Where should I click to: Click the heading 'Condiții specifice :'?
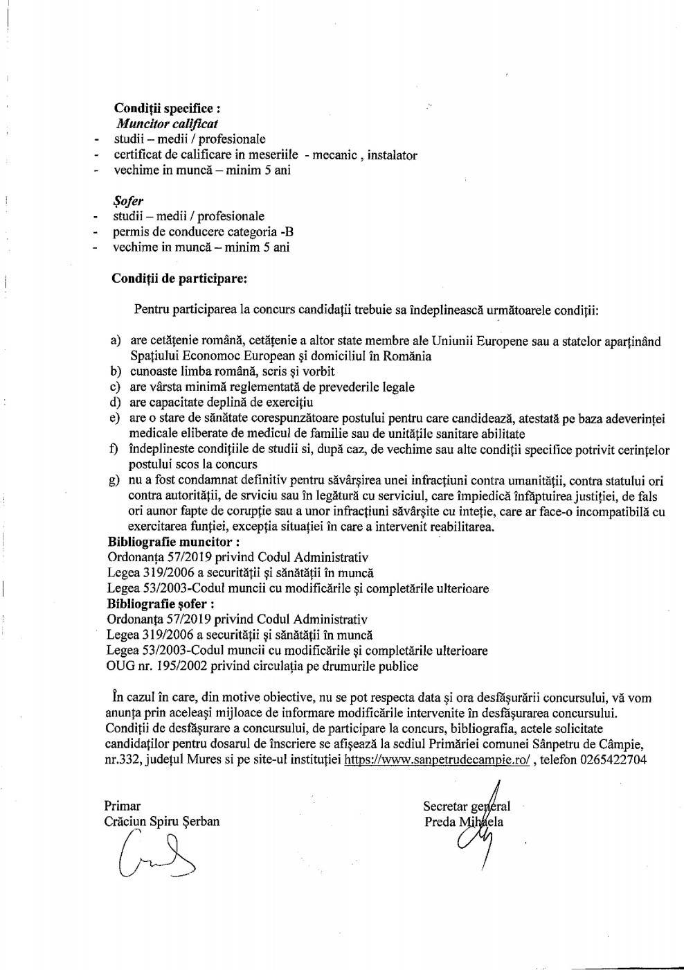tap(168, 109)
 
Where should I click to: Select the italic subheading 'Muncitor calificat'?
tap(167, 124)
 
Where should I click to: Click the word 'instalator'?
tap(392, 155)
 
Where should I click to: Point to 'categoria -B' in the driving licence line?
tap(266, 232)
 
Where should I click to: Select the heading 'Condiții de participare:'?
tap(179, 279)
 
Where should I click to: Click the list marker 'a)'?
tap(116, 341)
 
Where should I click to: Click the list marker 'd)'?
tap(115, 403)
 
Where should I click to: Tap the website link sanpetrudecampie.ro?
tap(437, 760)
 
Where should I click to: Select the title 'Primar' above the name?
tap(122, 806)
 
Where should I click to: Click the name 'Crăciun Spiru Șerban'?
tap(161, 822)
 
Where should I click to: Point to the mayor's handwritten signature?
tap(156, 860)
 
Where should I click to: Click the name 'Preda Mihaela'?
tap(464, 822)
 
